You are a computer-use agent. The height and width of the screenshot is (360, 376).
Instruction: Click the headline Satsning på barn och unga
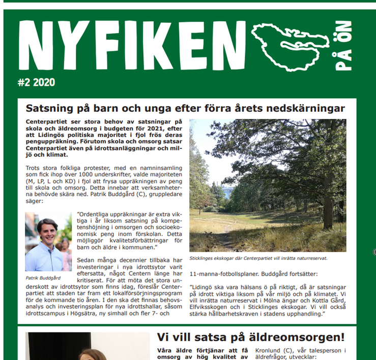[185, 108]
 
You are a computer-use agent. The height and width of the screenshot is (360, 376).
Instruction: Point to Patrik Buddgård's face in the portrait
[47, 231]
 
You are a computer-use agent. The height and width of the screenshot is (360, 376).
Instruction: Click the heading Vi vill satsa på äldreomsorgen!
[250, 337]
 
